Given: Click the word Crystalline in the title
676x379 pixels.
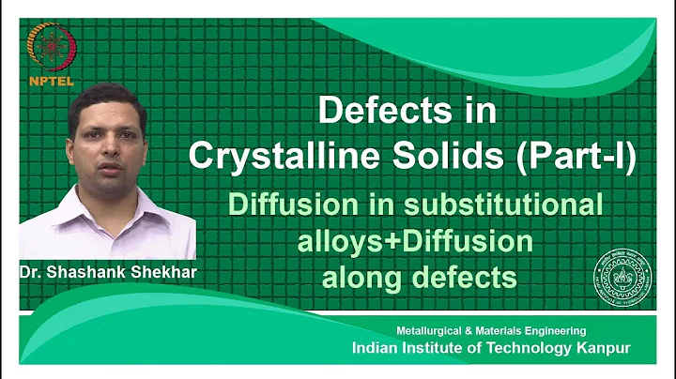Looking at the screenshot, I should pos(272,155).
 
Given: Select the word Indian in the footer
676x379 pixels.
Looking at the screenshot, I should pos(379,348).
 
